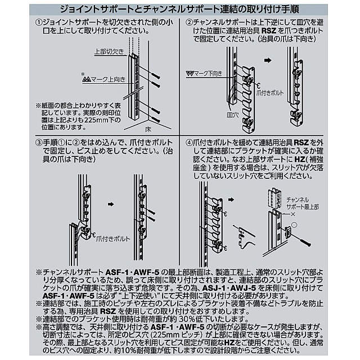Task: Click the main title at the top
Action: point(180,10)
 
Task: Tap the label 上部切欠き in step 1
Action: point(109,51)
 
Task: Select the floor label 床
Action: point(148,129)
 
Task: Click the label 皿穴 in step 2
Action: point(233,115)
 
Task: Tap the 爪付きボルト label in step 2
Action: point(270,93)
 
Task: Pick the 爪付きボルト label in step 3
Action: point(113,239)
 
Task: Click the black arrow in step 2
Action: point(268,60)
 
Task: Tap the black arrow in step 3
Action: point(111,204)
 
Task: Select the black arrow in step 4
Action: point(231,200)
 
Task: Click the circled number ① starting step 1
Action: point(39,22)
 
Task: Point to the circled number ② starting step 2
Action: point(189,22)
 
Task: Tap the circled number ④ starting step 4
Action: point(189,142)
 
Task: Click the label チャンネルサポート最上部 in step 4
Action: point(303,204)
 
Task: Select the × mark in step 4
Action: point(292,214)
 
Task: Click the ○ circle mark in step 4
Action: point(294,225)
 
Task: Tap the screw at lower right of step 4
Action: point(305,242)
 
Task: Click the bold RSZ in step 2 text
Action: point(269,30)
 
